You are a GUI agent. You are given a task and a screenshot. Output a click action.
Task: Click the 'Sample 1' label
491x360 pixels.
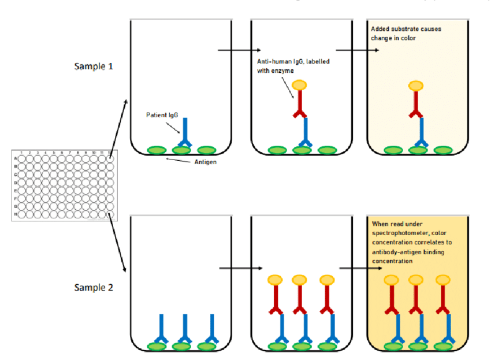click(x=94, y=66)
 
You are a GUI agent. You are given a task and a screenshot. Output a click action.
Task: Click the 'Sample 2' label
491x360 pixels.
click(x=94, y=287)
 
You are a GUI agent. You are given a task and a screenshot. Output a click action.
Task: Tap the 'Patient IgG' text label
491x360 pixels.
click(x=161, y=115)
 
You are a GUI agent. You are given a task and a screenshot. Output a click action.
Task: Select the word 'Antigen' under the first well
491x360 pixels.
click(x=205, y=162)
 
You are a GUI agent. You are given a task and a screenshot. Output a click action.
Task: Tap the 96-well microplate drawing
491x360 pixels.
click(x=63, y=185)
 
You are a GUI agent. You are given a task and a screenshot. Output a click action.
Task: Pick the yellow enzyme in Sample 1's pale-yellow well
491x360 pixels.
click(x=415, y=86)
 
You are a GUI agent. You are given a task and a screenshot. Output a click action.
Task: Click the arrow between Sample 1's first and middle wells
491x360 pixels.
click(x=240, y=50)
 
